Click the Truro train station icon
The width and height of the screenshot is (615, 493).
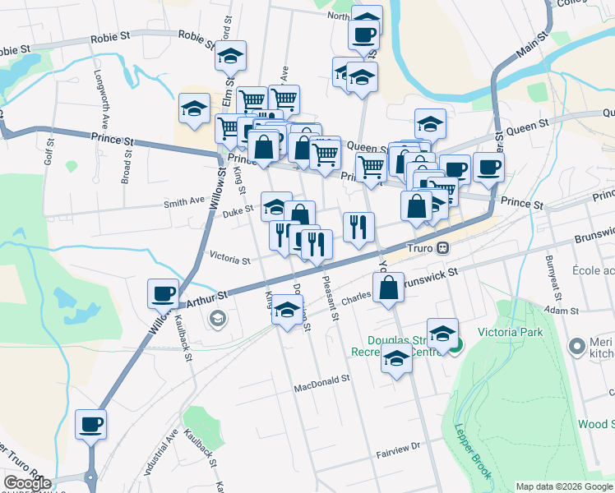[x=442, y=246]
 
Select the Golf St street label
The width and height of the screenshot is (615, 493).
[x=50, y=151]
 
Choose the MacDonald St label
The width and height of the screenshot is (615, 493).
[x=322, y=380]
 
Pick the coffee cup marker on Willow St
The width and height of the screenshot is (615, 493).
[x=164, y=293]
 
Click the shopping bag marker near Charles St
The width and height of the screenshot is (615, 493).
[x=390, y=288]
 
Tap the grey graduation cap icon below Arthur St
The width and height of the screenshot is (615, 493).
[x=217, y=319]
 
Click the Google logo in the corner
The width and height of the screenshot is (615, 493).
[x=26, y=483]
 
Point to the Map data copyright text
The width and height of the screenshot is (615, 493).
[x=564, y=486]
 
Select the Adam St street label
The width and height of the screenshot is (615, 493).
[x=562, y=312]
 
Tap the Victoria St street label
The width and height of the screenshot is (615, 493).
[x=229, y=260]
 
